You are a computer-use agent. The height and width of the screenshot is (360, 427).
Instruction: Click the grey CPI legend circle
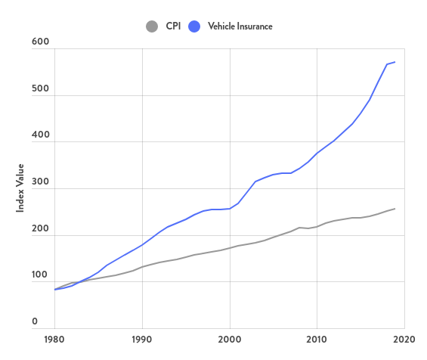(152, 26)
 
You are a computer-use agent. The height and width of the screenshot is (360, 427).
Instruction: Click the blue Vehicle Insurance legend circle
(194, 26)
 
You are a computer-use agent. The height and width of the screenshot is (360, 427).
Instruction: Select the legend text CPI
(173, 26)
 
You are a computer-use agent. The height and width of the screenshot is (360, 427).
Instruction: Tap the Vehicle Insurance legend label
(240, 26)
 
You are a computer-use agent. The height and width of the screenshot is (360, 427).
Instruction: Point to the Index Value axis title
(21, 187)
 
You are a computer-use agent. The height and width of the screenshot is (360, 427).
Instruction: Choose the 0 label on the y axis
(35, 322)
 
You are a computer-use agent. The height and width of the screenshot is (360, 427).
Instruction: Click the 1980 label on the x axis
(54, 340)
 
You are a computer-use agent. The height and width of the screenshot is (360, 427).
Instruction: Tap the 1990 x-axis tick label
(141, 340)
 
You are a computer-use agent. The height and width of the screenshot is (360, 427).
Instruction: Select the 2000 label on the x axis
(229, 340)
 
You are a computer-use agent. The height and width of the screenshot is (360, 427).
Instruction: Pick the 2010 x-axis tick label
(317, 340)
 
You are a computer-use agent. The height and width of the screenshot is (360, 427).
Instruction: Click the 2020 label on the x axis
(404, 340)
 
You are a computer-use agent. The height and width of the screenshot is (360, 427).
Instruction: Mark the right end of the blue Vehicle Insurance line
(395, 62)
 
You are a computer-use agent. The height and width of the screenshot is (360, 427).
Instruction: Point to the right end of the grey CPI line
(395, 209)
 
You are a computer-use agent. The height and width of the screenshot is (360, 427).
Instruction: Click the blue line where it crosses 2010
(317, 153)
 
